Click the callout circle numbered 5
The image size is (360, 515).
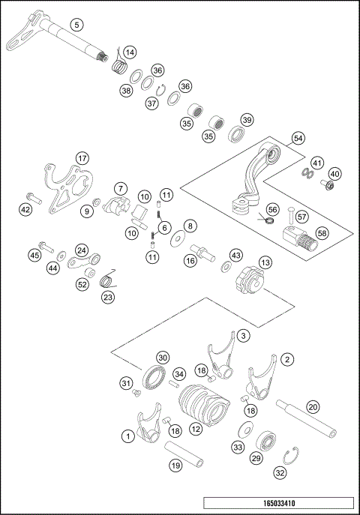(x=76, y=24)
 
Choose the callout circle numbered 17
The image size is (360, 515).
(x=82, y=158)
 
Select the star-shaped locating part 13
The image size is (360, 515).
(x=247, y=284)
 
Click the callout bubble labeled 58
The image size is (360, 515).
(x=322, y=233)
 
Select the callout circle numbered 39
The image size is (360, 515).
(x=247, y=121)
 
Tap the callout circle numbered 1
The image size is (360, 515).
(x=128, y=434)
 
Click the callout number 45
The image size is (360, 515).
(x=34, y=256)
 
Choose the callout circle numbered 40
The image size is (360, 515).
(x=334, y=173)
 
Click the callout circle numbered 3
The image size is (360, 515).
(x=243, y=336)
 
